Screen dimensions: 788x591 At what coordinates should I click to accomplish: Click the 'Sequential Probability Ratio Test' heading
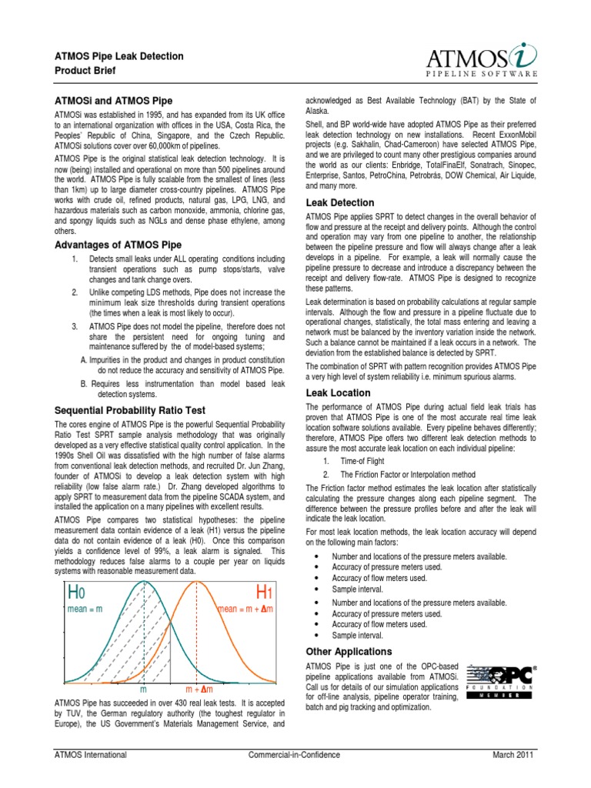coord(128,410)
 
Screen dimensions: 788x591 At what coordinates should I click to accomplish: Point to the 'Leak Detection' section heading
coord(340,202)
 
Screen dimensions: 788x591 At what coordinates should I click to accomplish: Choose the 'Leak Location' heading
coord(338,392)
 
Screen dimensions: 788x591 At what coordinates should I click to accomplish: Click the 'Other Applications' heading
coord(349,651)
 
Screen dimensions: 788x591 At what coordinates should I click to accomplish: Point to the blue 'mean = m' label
coord(85,609)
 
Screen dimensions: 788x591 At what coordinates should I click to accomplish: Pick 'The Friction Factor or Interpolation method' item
coord(408,475)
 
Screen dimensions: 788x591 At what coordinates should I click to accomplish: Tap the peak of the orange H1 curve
coord(199,583)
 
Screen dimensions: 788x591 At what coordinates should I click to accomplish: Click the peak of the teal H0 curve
coord(143,583)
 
